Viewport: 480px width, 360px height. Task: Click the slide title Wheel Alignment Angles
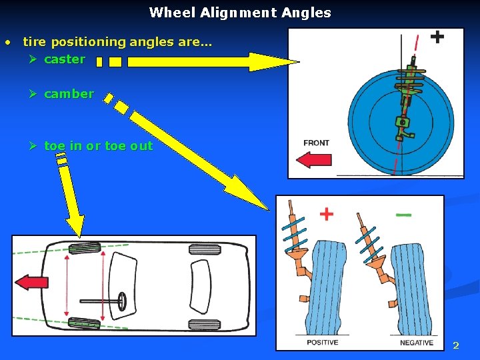(240, 12)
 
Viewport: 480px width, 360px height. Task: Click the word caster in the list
(64, 59)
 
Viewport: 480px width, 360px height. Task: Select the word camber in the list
(69, 94)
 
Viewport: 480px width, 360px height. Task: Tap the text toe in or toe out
(98, 146)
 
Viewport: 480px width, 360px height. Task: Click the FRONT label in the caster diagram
(316, 143)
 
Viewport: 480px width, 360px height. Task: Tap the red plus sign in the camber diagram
(326, 214)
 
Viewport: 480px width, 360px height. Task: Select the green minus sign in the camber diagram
(403, 215)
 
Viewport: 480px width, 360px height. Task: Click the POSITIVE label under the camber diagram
(322, 343)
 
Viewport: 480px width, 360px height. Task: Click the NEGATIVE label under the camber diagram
(417, 343)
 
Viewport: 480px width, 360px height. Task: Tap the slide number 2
(456, 345)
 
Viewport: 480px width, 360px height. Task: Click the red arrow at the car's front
(31, 282)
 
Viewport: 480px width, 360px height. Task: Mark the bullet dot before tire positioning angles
(7, 43)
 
